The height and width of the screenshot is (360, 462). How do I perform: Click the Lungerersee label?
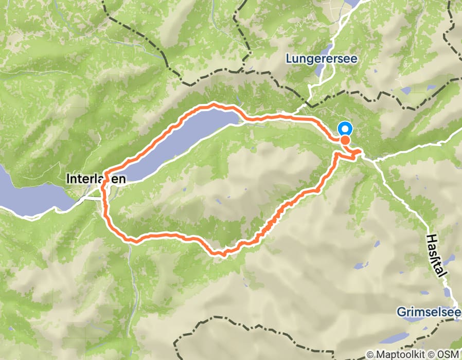(x=322, y=59)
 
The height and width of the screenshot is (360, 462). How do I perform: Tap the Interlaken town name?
(x=96, y=179)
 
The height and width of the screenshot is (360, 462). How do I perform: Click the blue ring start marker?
(x=344, y=129)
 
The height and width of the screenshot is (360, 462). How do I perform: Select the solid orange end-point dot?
(x=345, y=140)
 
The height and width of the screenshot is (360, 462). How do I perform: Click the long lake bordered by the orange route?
(x=175, y=144)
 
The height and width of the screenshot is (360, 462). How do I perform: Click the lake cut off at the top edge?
(x=354, y=3)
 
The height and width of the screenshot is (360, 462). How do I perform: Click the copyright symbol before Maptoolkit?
(x=370, y=355)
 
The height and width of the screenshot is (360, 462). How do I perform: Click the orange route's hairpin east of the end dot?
(x=360, y=153)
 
